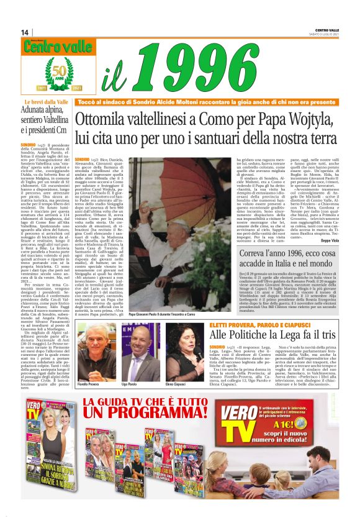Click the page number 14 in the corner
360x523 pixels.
click(x=25, y=32)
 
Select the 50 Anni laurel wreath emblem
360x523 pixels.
click(x=57, y=74)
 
